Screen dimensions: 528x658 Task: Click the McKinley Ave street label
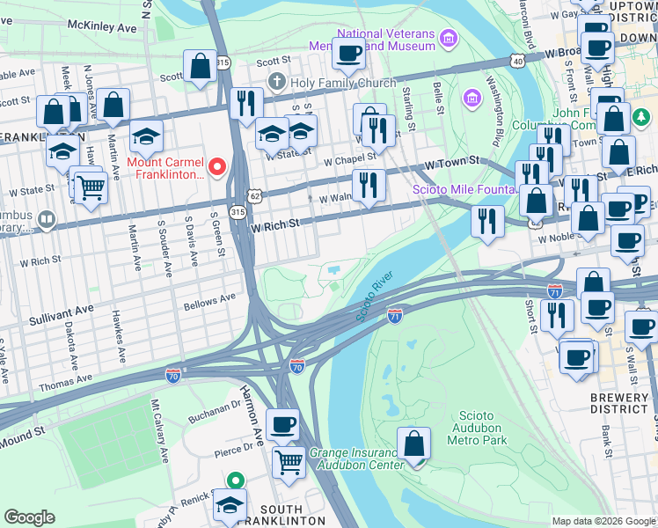point(102,27)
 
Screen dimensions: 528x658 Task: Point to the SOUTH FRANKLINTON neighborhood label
point(282,516)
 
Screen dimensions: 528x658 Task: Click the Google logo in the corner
point(29,517)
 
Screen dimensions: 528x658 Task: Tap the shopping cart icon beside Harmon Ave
point(289,460)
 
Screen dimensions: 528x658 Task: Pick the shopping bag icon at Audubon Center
point(413,444)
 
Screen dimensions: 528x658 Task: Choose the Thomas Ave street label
point(65,381)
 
